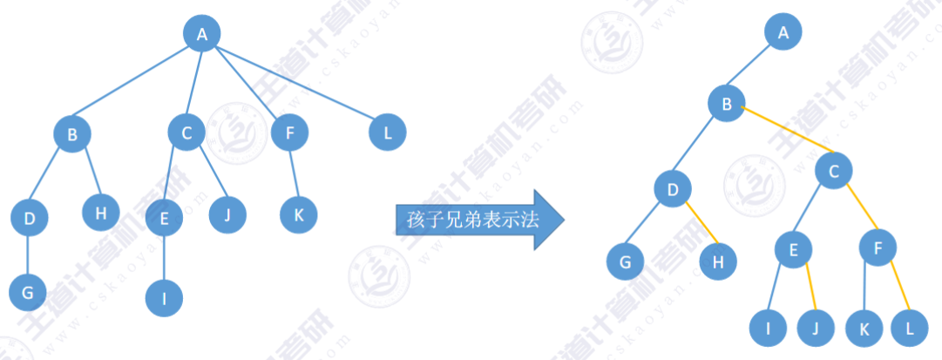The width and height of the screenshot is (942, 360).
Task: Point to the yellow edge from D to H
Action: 697,223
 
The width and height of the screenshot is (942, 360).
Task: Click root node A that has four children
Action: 202,34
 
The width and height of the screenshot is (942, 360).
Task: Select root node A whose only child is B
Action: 783,34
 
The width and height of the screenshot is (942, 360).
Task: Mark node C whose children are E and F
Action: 834,171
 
